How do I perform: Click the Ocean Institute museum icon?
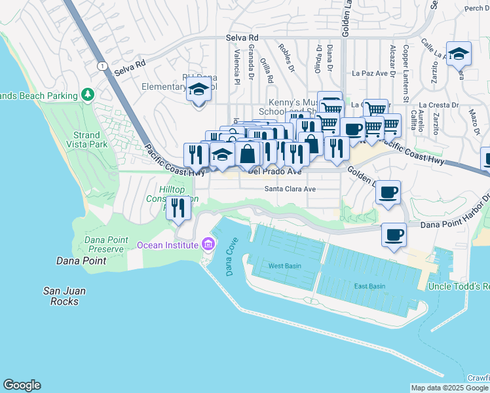coord(209,245)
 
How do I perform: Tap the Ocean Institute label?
coord(167,245)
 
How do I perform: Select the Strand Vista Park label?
coord(90,140)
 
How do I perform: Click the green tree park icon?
coord(88,95)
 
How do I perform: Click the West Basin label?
coord(285,266)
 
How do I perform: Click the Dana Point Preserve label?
coord(104,244)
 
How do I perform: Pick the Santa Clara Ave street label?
coord(290,189)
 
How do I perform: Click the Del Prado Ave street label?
coord(275,172)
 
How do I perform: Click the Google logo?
coord(22,385)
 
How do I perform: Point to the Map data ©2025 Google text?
coord(450,388)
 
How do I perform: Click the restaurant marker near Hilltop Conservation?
coord(178,208)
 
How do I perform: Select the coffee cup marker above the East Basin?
coord(394,234)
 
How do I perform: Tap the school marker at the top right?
coord(459,53)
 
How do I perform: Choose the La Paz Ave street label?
coord(371,73)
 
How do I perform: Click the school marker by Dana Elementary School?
coord(197,90)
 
